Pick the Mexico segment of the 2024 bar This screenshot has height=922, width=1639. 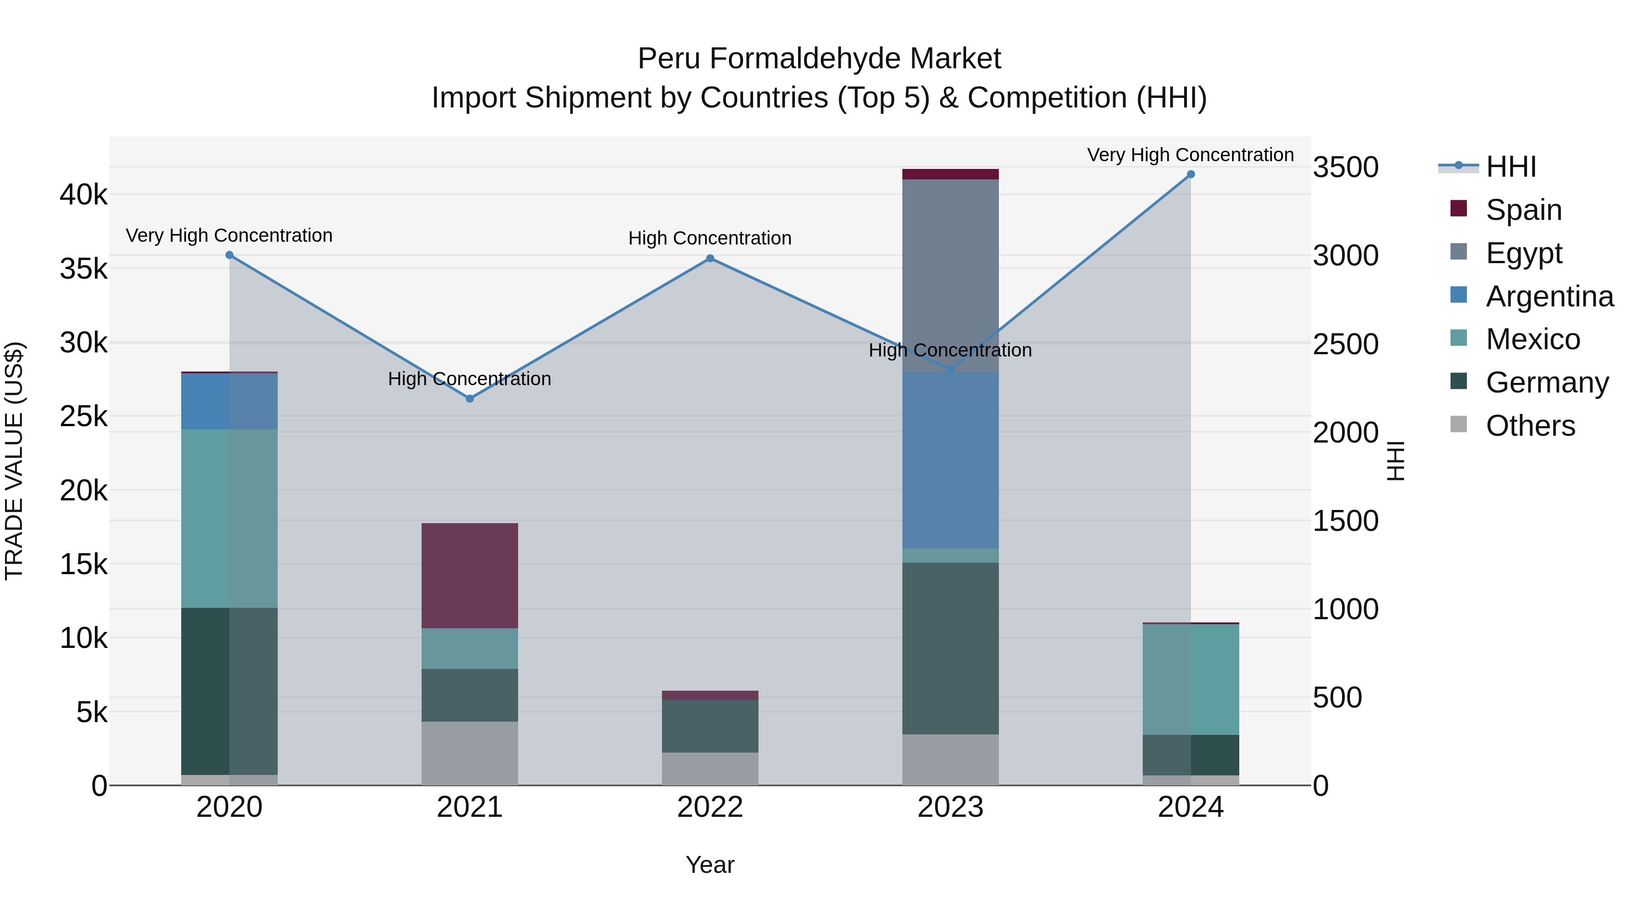pos(1191,679)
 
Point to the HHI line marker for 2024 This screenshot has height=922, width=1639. pos(1191,174)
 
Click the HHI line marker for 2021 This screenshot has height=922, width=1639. pos(469,398)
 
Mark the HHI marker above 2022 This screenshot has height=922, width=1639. pos(710,258)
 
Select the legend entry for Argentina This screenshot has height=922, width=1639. pos(1549,296)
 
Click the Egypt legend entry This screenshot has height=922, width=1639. pos(1523,253)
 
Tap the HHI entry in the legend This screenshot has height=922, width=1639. pos(1511,167)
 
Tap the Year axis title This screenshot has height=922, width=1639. pos(710,865)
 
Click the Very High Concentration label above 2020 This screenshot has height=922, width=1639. pos(229,235)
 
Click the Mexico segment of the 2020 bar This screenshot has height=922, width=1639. pos(229,518)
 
